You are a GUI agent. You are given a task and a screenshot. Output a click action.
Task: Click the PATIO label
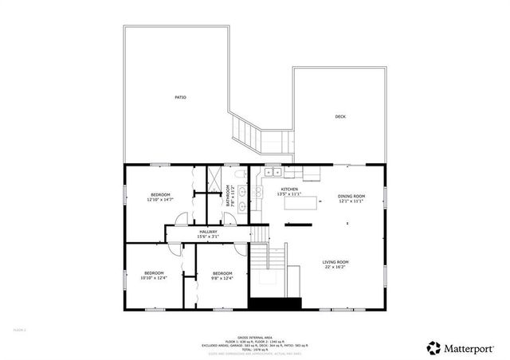pyautogui.click(x=181, y=97)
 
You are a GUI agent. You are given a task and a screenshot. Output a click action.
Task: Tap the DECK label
pyautogui.click(x=340, y=117)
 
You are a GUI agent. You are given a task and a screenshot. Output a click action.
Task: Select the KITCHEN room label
pyautogui.click(x=288, y=189)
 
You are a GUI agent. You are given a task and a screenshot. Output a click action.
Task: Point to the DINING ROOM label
pyautogui.click(x=351, y=196)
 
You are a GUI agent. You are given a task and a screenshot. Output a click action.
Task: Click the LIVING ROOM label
pyautogui.click(x=335, y=262)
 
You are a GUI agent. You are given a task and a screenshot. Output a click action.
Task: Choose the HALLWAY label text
pyautogui.click(x=209, y=231)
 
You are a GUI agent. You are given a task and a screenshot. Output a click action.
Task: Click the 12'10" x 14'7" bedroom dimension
pyautogui.click(x=159, y=200)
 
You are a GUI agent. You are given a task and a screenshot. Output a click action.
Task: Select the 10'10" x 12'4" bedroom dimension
pyautogui.click(x=153, y=278)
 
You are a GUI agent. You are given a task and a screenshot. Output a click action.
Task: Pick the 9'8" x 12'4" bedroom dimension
pyautogui.click(x=222, y=278)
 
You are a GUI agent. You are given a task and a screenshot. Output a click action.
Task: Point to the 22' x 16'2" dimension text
pyautogui.click(x=335, y=268)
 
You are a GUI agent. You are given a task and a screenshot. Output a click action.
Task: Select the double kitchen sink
pyautogui.click(x=273, y=171)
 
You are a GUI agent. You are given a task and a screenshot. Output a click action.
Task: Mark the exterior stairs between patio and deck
pyautogui.click(x=258, y=135)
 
